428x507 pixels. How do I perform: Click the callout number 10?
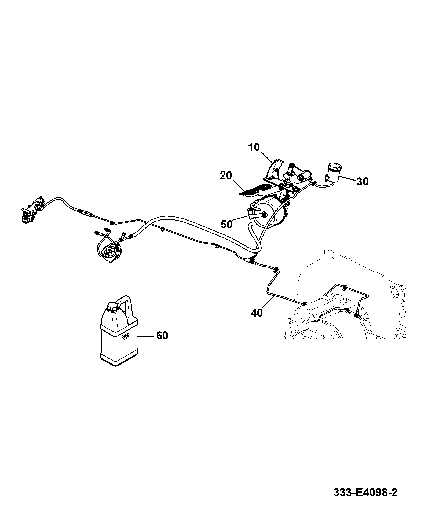[x=254, y=148]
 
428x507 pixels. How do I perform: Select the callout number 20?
[x=226, y=176]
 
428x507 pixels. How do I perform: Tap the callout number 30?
[x=362, y=182]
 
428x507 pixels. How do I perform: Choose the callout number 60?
[x=162, y=335]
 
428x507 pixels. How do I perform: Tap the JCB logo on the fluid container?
[x=125, y=338]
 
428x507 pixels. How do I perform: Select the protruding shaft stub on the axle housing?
[x=292, y=320]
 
